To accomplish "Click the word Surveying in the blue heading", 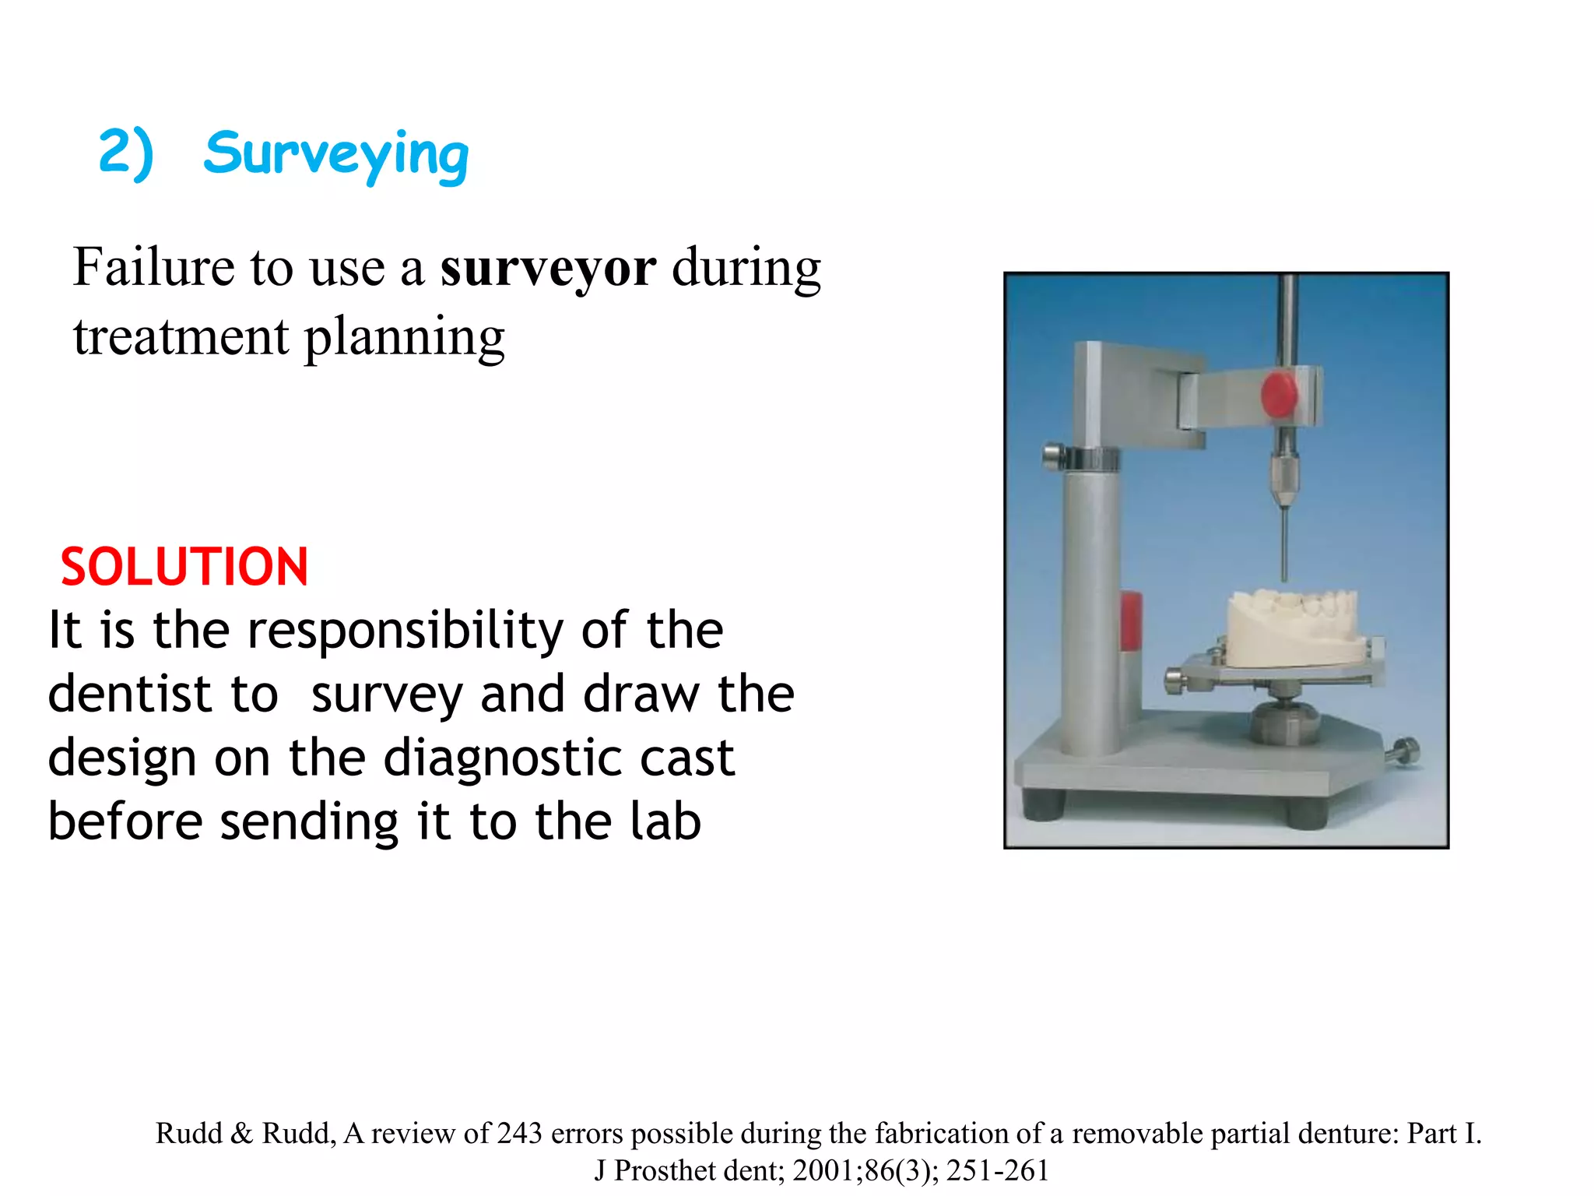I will click(336, 154).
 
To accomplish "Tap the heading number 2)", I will click(126, 153).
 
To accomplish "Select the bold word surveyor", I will click(548, 268).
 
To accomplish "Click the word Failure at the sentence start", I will click(153, 267).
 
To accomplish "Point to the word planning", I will click(404, 338).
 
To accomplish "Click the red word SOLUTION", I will click(184, 567).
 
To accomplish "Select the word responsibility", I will click(405, 631).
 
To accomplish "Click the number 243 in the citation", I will click(519, 1134).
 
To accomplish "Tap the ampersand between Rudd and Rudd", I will click(242, 1134).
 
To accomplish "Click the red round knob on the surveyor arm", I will click(1279, 395).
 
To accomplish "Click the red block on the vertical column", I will click(1131, 621).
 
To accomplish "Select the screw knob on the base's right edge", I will click(1405, 751).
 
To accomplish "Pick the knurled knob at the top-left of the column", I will click(1053, 456).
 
